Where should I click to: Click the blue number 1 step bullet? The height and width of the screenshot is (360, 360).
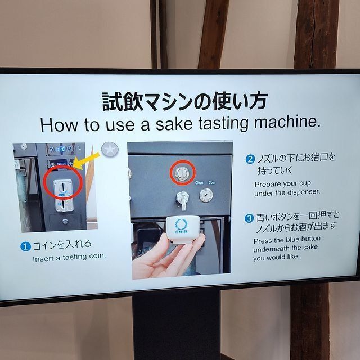click(25, 246)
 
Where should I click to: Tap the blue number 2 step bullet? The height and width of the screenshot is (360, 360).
click(250, 159)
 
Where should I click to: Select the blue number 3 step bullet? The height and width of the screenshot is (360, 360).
click(249, 218)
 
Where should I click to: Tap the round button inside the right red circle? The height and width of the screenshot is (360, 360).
click(182, 173)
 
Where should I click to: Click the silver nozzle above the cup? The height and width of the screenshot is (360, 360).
click(182, 199)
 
